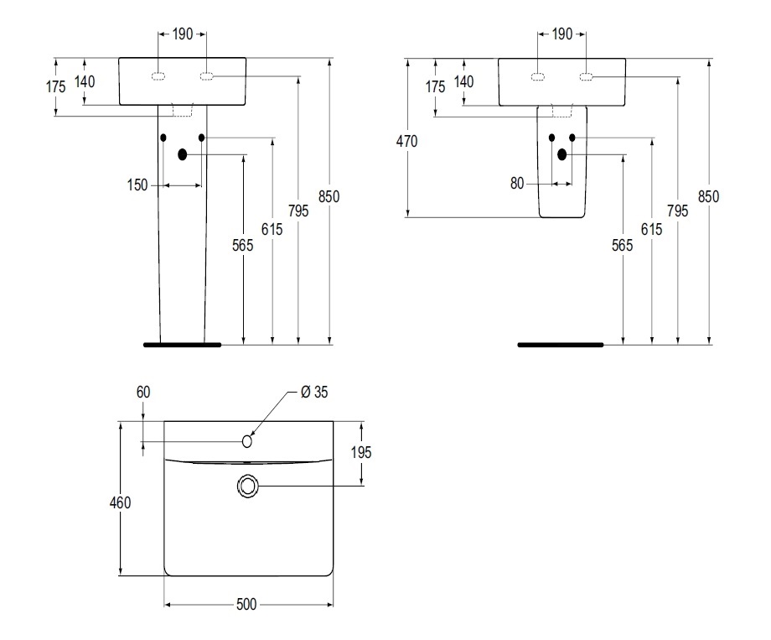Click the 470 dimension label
(x=406, y=141)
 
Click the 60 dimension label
(x=142, y=393)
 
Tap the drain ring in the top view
(x=248, y=486)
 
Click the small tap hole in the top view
(x=247, y=440)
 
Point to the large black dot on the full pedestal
(x=182, y=154)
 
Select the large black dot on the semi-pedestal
(x=562, y=153)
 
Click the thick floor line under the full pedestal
(x=182, y=344)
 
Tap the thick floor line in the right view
(x=560, y=344)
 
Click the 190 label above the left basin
(x=183, y=34)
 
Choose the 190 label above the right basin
(x=561, y=34)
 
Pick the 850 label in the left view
(x=329, y=196)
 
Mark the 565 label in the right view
(x=623, y=246)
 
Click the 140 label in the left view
(x=85, y=81)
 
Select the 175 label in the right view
(x=436, y=86)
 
